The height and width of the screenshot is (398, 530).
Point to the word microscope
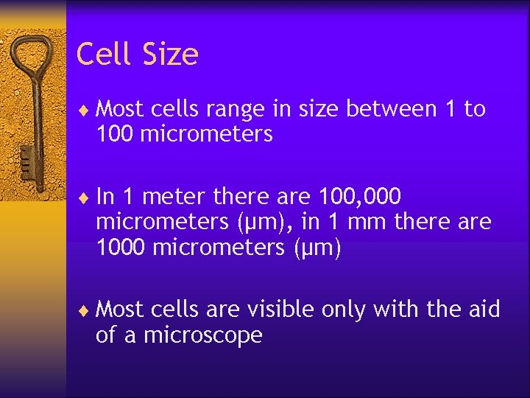203,335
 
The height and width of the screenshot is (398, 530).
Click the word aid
481,310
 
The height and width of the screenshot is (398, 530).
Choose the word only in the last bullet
342,310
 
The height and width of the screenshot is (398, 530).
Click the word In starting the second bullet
105,197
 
